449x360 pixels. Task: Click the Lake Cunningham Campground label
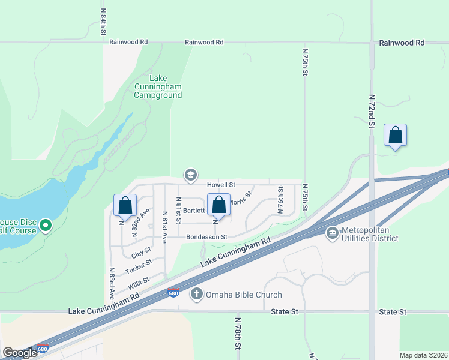[x=158, y=86]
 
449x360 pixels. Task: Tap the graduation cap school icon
[x=191, y=175]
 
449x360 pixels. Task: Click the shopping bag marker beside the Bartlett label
[x=219, y=205]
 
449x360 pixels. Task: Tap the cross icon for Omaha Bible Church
[x=196, y=294]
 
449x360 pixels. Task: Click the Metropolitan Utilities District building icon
[x=332, y=232]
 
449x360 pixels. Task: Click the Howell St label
[x=221, y=185]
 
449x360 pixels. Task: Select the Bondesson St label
[x=206, y=237]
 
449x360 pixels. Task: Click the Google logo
[x=20, y=353]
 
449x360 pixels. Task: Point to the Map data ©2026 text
[x=423, y=355]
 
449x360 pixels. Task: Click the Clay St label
[x=140, y=253]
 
